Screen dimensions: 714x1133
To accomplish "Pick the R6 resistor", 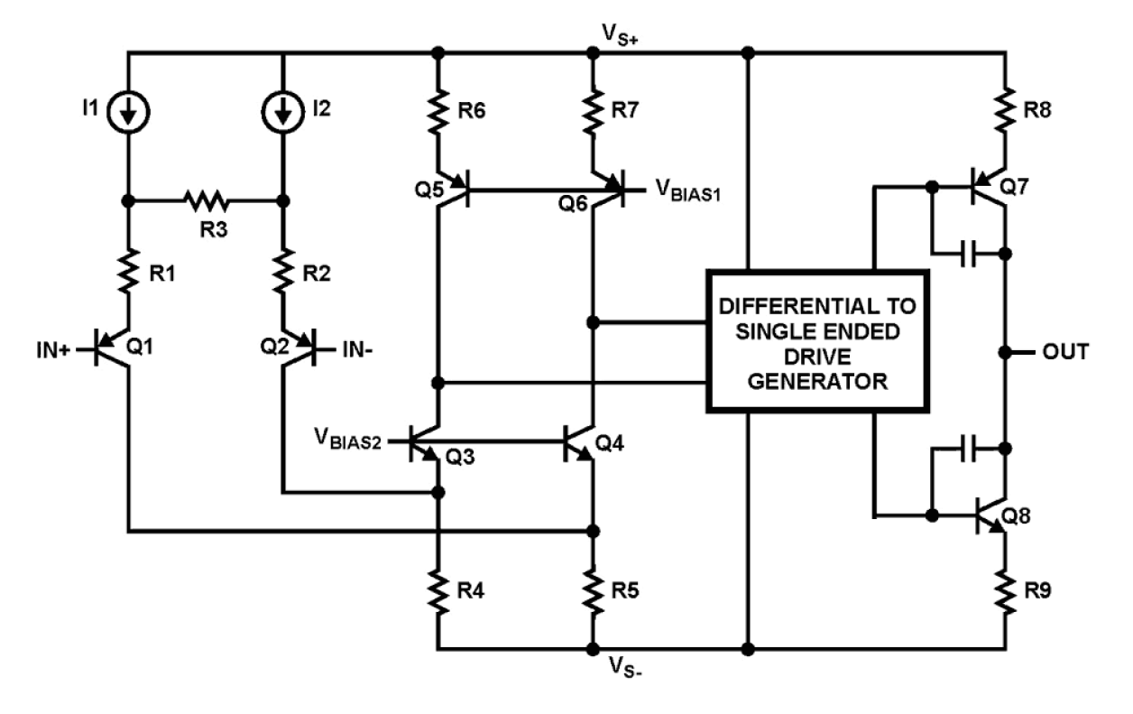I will (x=438, y=111).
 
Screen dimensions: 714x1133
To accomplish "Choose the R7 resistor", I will (x=593, y=111).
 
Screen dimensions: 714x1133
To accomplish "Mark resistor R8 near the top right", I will (x=1004, y=111).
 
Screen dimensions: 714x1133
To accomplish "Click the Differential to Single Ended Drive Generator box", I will (x=817, y=340).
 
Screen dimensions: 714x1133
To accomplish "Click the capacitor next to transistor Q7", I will (x=967, y=255).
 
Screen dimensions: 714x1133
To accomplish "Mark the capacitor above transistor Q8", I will (x=967, y=447).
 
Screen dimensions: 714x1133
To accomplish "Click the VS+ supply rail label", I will (x=622, y=33).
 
